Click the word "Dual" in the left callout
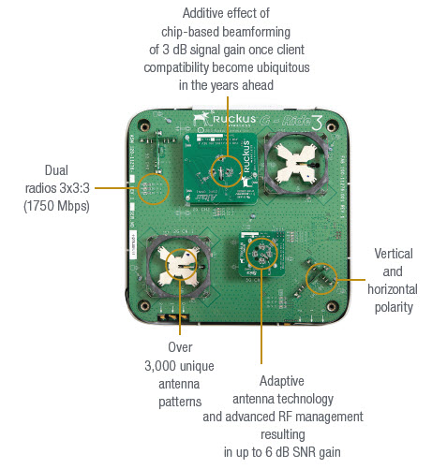[x=55, y=170]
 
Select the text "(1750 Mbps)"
[x=56, y=206]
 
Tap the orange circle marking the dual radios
[x=153, y=190]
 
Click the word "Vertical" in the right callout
[x=393, y=253]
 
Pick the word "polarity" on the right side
[x=393, y=306]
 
